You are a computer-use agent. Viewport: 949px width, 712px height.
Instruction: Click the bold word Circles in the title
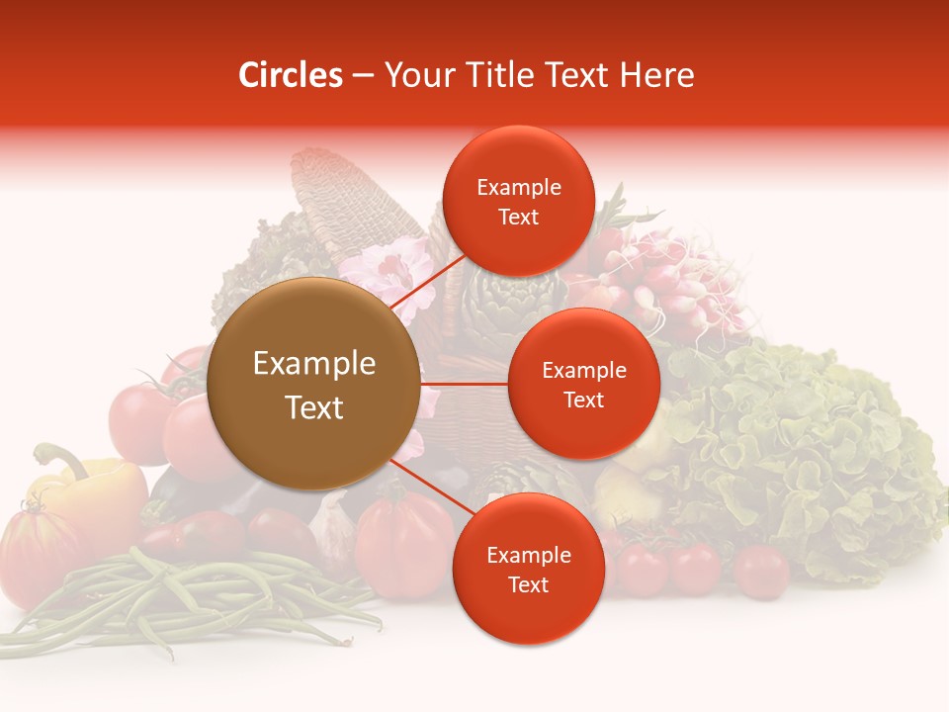tap(290, 75)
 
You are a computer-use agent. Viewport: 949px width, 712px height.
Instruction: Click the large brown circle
tap(313, 384)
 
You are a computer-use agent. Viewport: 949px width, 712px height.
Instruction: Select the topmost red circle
tap(518, 201)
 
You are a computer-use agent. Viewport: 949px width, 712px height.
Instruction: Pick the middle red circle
tap(583, 384)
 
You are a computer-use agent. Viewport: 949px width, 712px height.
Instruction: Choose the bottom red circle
tap(528, 569)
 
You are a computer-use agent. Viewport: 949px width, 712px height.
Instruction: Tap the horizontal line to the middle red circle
tap(465, 384)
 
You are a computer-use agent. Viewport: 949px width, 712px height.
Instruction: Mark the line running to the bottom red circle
tap(423, 483)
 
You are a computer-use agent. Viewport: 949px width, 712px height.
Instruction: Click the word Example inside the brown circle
tap(313, 363)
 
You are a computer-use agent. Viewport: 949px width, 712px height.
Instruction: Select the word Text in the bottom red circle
tap(528, 584)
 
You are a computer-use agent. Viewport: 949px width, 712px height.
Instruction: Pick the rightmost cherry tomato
tap(761, 571)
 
